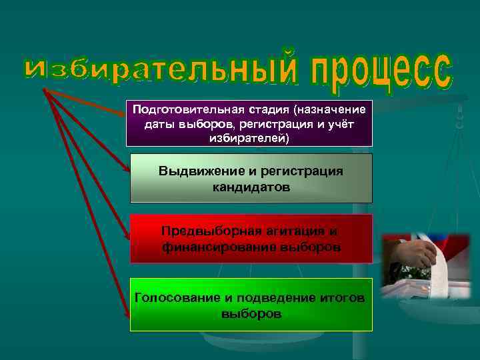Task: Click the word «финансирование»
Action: coord(211,247)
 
